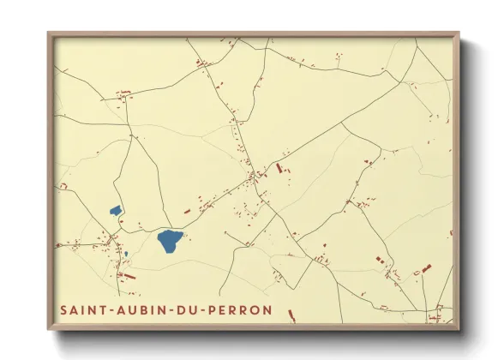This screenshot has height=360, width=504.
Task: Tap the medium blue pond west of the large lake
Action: click(x=115, y=210)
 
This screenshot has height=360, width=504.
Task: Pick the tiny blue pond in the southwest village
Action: click(x=126, y=254)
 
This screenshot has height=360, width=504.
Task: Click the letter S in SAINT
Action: click(x=63, y=309)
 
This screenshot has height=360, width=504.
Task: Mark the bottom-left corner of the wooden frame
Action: click(x=49, y=329)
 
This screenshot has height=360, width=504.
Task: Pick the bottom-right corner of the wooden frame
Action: click(x=459, y=329)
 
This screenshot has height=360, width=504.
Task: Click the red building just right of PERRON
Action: click(x=291, y=315)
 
